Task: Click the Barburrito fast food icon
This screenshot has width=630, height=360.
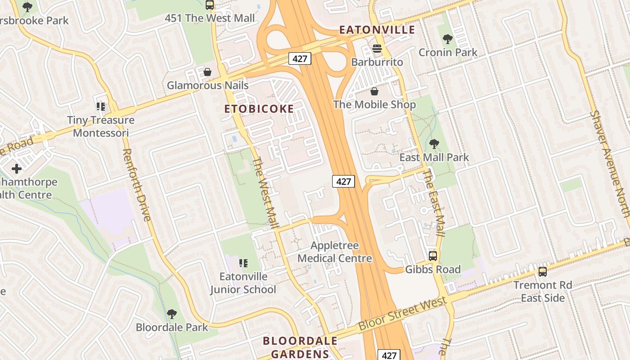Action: [377, 49]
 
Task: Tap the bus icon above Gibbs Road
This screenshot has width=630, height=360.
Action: [433, 256]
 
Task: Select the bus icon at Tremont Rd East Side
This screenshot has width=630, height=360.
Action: [543, 272]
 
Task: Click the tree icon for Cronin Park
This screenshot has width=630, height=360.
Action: [447, 39]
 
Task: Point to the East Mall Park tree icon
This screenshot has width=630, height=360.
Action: [434, 144]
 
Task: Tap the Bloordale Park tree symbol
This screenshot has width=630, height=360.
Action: [171, 314]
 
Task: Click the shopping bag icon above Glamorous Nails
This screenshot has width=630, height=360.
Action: [207, 72]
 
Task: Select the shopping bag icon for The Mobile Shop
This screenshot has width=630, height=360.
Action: [374, 92]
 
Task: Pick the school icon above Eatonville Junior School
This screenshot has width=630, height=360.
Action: [243, 263]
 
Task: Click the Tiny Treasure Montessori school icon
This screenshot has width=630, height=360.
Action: [101, 107]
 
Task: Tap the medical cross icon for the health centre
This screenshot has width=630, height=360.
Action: [17, 169]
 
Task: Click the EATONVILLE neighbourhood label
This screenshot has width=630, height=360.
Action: [377, 30]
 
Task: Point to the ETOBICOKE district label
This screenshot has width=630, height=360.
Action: [259, 108]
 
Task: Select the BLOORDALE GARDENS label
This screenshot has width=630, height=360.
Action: [300, 347]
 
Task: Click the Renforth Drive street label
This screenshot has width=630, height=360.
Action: [136, 185]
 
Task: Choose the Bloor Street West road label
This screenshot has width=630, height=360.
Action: [402, 315]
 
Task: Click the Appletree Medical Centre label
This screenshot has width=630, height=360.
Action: [335, 252]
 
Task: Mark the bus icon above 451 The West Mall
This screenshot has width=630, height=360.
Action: [210, 5]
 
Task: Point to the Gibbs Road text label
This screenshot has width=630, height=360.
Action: [433, 270]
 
